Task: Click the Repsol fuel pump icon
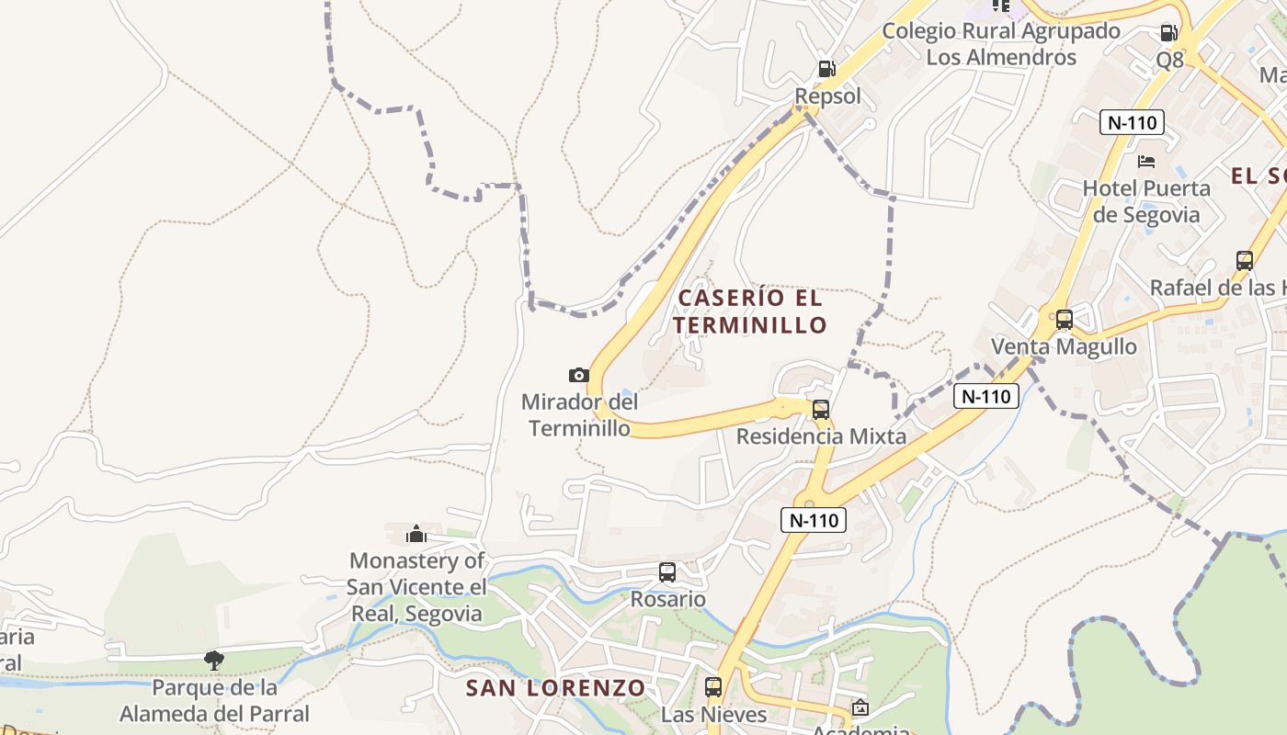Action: pyautogui.click(x=826, y=69)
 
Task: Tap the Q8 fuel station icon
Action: pyautogui.click(x=1168, y=33)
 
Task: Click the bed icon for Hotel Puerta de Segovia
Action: pyautogui.click(x=1146, y=162)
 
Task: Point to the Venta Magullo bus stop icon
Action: pyautogui.click(x=1064, y=320)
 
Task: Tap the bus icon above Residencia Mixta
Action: pyautogui.click(x=821, y=410)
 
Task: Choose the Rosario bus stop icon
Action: pyautogui.click(x=667, y=572)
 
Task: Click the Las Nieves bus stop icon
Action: pyautogui.click(x=713, y=686)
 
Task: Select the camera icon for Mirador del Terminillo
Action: pyautogui.click(x=578, y=375)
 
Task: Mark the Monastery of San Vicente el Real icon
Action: pyautogui.click(x=416, y=533)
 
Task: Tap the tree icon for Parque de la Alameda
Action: pyautogui.click(x=214, y=660)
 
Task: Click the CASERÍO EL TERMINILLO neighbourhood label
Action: pyautogui.click(x=749, y=311)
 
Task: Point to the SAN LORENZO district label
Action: pyautogui.click(x=555, y=688)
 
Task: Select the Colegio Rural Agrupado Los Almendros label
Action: pyautogui.click(x=1001, y=44)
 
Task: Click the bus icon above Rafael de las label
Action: pyautogui.click(x=1245, y=261)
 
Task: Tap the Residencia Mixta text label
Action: pyautogui.click(x=821, y=436)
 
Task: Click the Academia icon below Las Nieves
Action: pyautogui.click(x=860, y=707)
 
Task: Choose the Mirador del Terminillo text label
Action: pyautogui.click(x=579, y=415)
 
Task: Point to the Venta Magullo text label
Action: pyautogui.click(x=1064, y=346)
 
